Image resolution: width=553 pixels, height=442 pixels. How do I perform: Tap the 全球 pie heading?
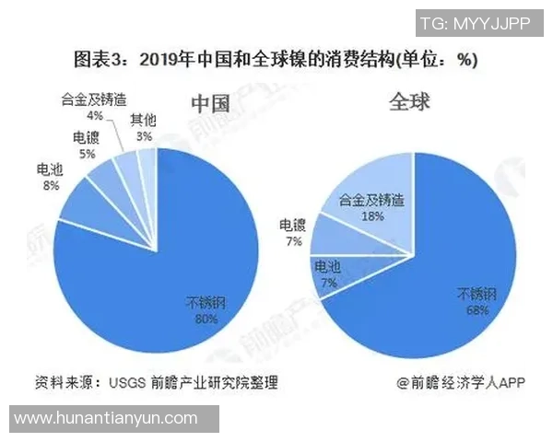coord(409,100)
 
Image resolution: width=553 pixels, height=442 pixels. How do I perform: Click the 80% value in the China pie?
coord(206,320)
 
